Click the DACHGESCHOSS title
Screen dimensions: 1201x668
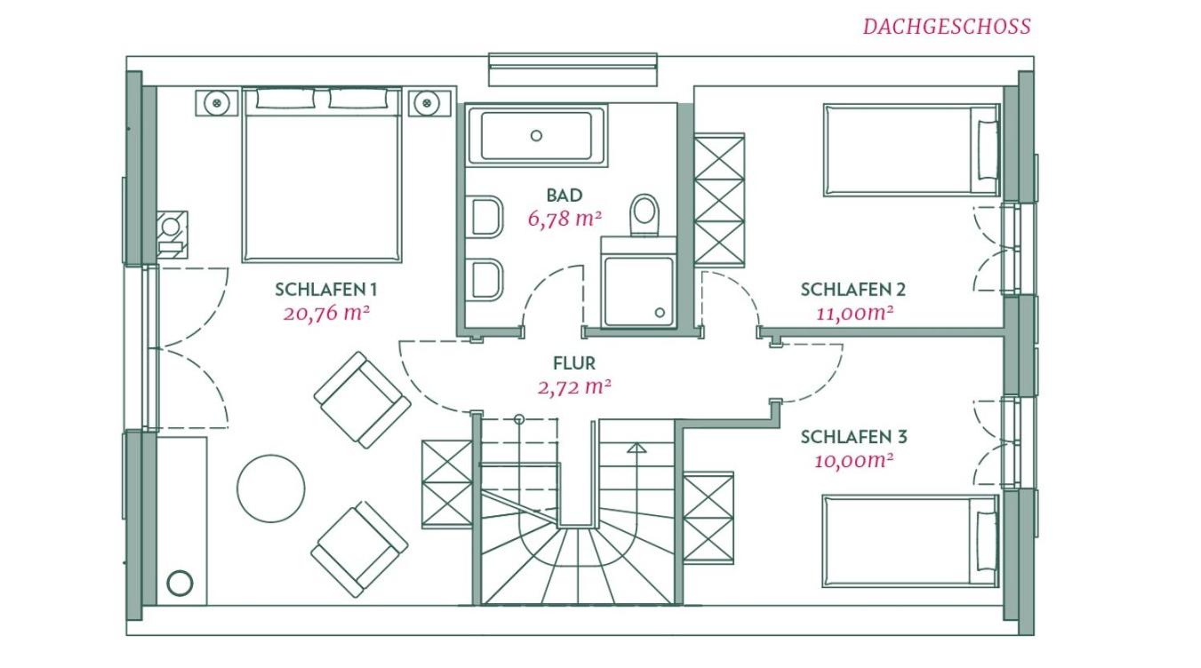coord(947,27)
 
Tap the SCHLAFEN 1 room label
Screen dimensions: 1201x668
coord(326,290)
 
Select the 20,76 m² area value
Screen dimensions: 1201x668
coord(326,313)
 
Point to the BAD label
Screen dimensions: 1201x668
coord(564,195)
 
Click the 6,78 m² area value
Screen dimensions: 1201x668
coord(564,219)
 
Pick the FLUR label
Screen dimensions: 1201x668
coord(574,363)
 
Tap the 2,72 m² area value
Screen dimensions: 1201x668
coord(574,386)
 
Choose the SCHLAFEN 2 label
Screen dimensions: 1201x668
coord(853,290)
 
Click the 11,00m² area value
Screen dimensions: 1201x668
coord(854,313)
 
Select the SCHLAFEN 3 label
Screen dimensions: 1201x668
coord(853,437)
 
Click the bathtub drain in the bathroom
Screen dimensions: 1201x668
coord(536,136)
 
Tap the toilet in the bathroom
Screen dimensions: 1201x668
coord(644,215)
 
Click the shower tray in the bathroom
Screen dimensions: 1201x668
coord(638,291)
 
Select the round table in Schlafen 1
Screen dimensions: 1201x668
coord(271,489)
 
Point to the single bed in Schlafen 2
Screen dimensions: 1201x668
coord(911,150)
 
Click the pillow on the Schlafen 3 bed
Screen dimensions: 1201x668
coord(986,540)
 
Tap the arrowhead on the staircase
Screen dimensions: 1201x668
coord(637,448)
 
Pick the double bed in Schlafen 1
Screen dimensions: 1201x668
coord(322,175)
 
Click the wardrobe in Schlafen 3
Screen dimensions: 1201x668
coord(709,518)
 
